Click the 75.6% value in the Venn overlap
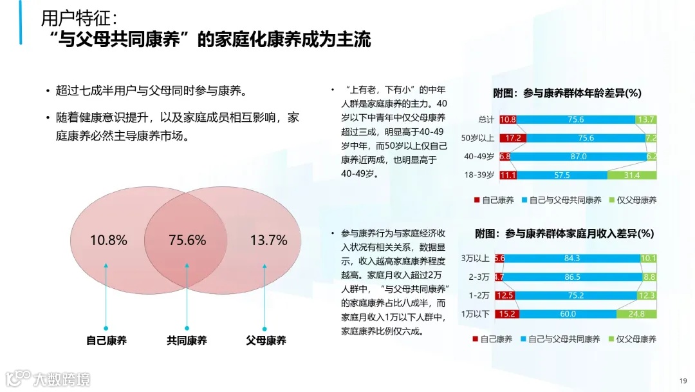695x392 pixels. click(187, 240)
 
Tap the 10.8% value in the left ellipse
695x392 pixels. click(108, 240)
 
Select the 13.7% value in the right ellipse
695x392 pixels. click(268, 240)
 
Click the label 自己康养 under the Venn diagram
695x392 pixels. click(106, 340)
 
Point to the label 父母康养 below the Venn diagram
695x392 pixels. click(266, 340)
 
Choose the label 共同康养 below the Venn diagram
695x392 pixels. click(187, 340)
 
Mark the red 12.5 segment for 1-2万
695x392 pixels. click(506, 296)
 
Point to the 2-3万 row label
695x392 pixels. click(479, 277)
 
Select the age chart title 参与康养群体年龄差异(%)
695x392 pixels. click(567, 93)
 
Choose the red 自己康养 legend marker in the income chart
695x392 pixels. click(476, 339)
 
